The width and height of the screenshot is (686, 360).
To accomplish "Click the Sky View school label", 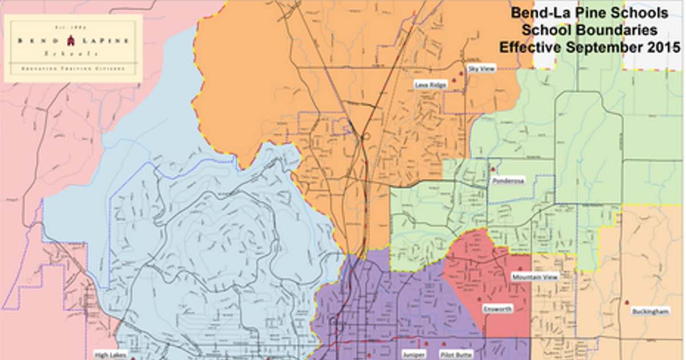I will click(x=481, y=68).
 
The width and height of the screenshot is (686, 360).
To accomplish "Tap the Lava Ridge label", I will click(x=430, y=85).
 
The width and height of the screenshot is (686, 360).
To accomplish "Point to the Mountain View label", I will click(x=534, y=277).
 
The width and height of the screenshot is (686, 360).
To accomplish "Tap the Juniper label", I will click(x=413, y=354).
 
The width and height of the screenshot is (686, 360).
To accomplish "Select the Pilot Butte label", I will click(x=457, y=354).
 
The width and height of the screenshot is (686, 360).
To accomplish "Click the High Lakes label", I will click(x=109, y=354).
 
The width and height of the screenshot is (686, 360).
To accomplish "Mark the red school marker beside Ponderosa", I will click(x=493, y=170).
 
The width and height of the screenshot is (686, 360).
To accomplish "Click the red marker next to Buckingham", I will click(x=627, y=302).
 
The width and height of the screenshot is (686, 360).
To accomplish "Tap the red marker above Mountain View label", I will click(x=520, y=269).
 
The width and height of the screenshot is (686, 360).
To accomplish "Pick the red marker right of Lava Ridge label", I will click(x=454, y=81).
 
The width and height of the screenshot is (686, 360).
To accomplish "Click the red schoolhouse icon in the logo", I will click(x=71, y=41).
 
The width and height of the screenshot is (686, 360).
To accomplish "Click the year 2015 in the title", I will click(x=664, y=47).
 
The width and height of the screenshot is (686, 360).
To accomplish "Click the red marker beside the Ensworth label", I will click(x=479, y=299).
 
